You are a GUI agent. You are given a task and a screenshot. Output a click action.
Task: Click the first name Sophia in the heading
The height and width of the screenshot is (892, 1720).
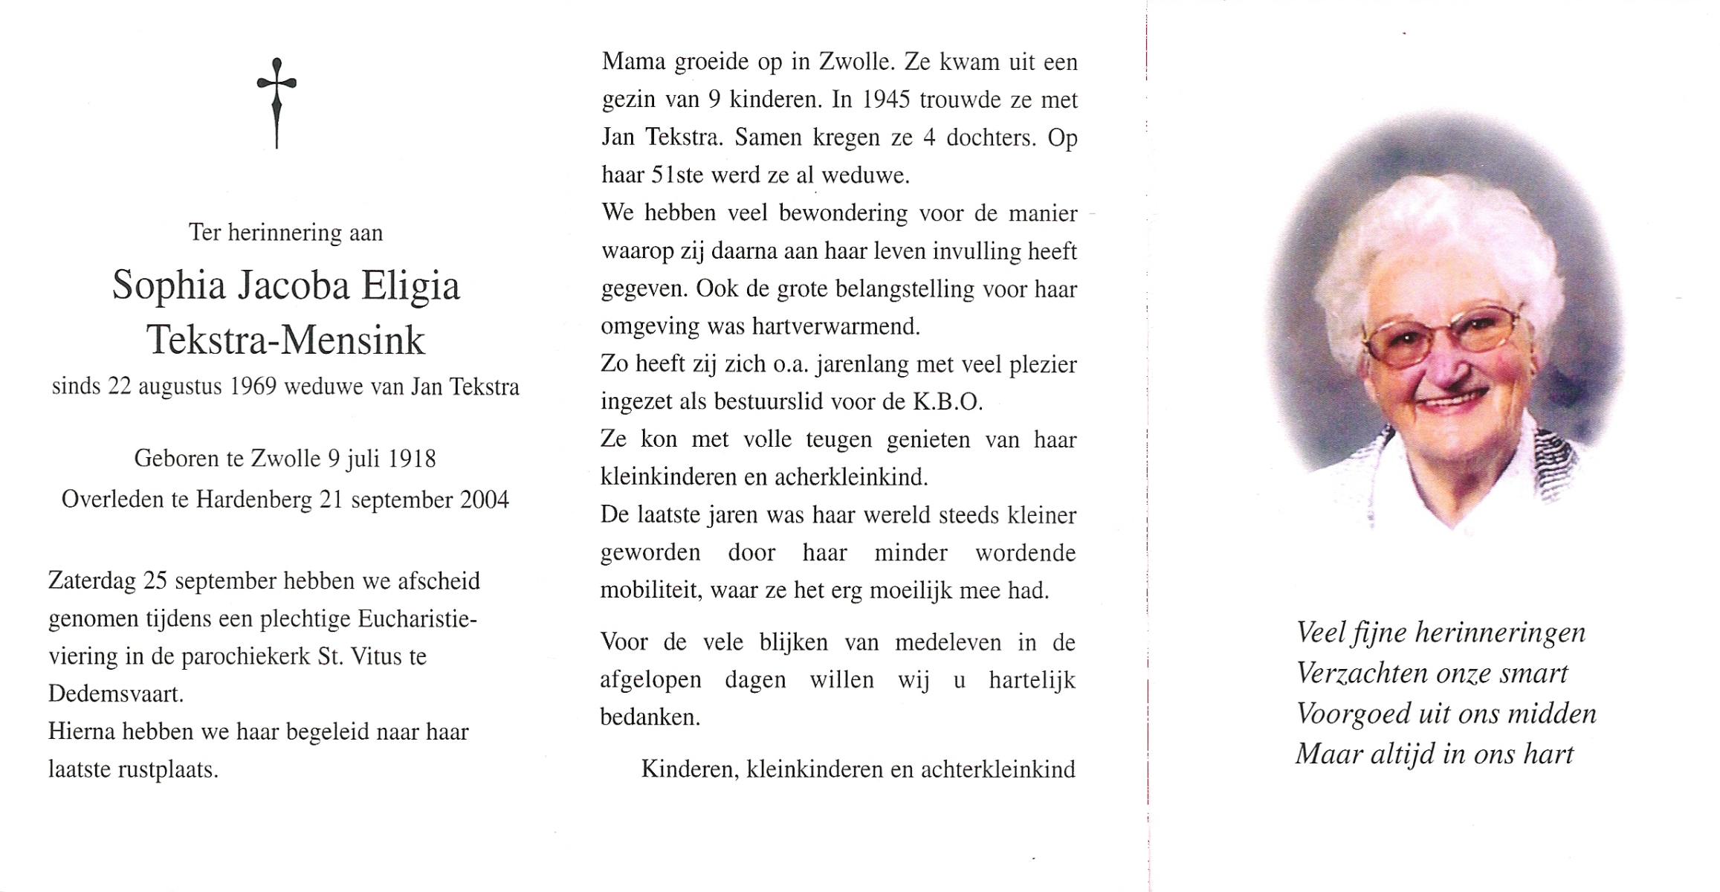click(168, 286)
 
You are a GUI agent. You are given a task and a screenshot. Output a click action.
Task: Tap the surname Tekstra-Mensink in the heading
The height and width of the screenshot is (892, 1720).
click(285, 340)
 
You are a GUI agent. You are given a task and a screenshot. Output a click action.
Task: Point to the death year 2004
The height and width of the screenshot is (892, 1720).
click(484, 500)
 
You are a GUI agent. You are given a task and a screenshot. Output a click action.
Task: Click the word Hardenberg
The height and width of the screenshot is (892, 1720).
click(253, 500)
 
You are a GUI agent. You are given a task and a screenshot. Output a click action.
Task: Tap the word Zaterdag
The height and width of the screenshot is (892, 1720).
click(91, 581)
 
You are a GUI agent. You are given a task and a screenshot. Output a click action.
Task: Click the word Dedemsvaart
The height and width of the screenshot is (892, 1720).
click(115, 694)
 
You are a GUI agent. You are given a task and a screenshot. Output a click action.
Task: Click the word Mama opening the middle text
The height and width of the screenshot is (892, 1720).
click(632, 62)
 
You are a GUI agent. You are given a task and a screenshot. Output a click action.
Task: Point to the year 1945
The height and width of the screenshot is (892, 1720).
click(886, 100)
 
